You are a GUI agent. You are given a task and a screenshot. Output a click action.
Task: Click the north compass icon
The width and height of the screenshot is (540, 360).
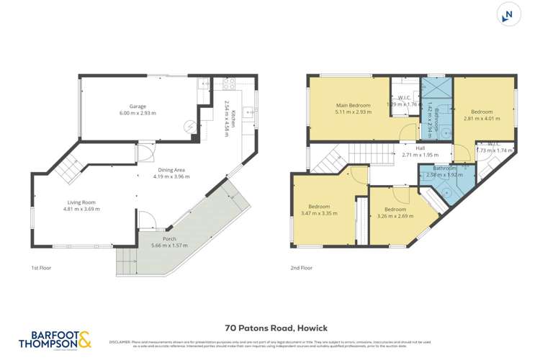click(x=509, y=14)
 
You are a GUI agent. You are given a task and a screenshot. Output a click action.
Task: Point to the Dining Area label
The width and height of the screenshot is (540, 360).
click(x=171, y=170)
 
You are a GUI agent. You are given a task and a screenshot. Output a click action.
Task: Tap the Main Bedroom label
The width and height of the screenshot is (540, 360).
click(x=353, y=105)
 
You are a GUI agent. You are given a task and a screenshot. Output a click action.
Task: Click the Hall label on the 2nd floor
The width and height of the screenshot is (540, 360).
click(x=410, y=148)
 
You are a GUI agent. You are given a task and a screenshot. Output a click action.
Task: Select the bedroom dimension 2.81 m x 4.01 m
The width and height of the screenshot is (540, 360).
click(x=482, y=119)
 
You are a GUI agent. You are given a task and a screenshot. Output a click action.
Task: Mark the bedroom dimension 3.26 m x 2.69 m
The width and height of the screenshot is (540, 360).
click(x=394, y=215)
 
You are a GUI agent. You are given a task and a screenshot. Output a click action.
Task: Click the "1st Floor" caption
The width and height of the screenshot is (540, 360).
click(x=40, y=268)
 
